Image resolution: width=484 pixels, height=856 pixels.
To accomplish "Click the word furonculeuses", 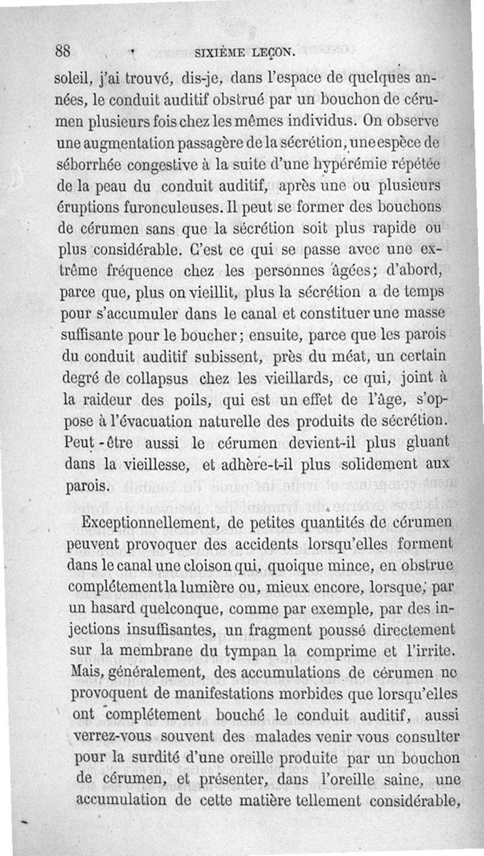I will (159, 209).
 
